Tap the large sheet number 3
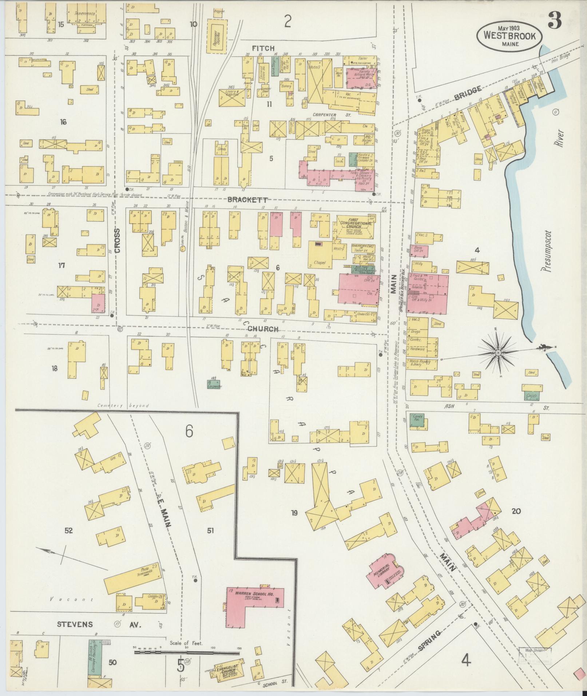click(554, 20)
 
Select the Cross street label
click(116, 240)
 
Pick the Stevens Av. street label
click(98, 625)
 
